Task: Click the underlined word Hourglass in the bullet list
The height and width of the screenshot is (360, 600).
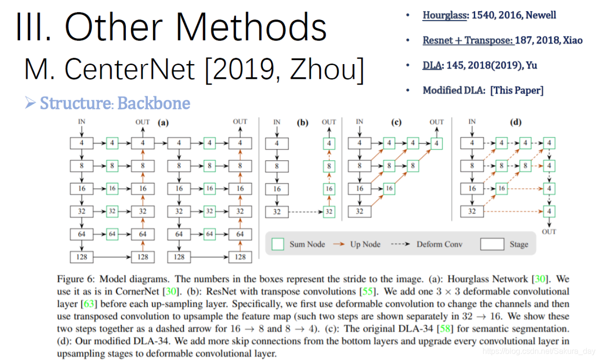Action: click(x=444, y=15)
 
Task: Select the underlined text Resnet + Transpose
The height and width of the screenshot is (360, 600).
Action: click(x=467, y=40)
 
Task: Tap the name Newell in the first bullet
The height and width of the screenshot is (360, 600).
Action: click(x=541, y=15)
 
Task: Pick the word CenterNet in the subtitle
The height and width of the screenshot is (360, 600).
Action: click(x=129, y=70)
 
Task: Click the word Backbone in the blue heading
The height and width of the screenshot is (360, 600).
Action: click(x=154, y=103)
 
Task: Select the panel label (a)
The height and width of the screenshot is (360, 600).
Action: click(x=162, y=123)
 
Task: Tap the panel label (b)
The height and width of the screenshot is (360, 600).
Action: click(x=303, y=123)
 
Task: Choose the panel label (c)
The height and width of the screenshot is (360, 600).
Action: click(x=398, y=123)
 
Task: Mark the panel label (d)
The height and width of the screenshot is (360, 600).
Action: click(x=515, y=123)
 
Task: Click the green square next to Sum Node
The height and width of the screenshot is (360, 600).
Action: click(x=277, y=244)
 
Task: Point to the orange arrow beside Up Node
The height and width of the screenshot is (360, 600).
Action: click(x=337, y=244)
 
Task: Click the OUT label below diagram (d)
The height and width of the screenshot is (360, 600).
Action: click(x=549, y=231)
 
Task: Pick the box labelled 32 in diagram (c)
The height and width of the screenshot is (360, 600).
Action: click(x=360, y=211)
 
